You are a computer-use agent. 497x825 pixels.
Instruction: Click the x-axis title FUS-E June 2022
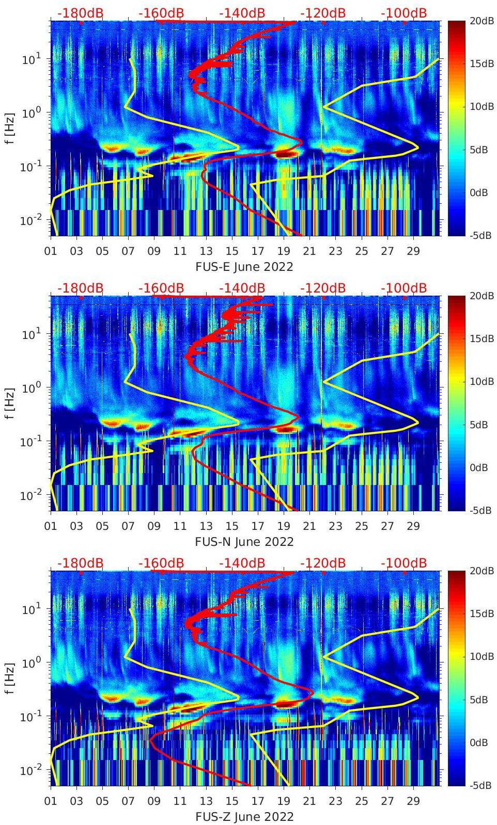(x=244, y=267)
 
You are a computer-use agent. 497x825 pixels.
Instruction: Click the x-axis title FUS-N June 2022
(x=244, y=542)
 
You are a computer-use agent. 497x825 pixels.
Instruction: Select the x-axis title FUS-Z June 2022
(x=244, y=817)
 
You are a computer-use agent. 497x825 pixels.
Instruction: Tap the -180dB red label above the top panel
(x=80, y=13)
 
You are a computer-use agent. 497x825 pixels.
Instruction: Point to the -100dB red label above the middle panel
(x=403, y=288)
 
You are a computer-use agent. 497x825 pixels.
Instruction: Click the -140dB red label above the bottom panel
(x=242, y=563)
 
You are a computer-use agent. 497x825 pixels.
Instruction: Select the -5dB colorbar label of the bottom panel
(x=480, y=785)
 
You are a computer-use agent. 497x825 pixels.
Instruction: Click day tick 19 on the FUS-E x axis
(x=284, y=251)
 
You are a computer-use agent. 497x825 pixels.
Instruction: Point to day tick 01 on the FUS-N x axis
(x=51, y=526)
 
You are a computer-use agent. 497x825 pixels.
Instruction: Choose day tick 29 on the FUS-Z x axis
(x=413, y=801)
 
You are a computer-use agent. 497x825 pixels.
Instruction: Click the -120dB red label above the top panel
(x=323, y=13)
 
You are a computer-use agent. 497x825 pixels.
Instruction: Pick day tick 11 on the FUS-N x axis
(x=180, y=526)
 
